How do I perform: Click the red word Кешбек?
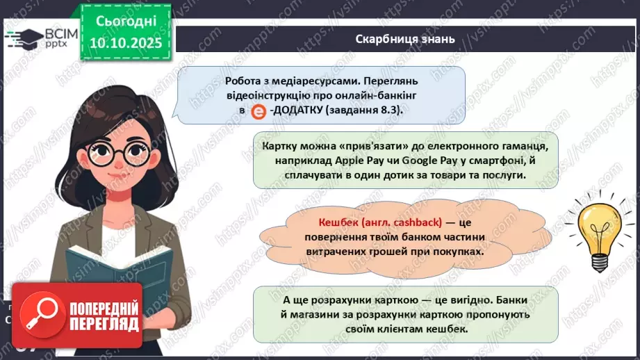point(337,224)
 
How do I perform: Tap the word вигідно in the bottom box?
point(457,300)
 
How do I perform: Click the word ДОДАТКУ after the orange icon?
point(300,111)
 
